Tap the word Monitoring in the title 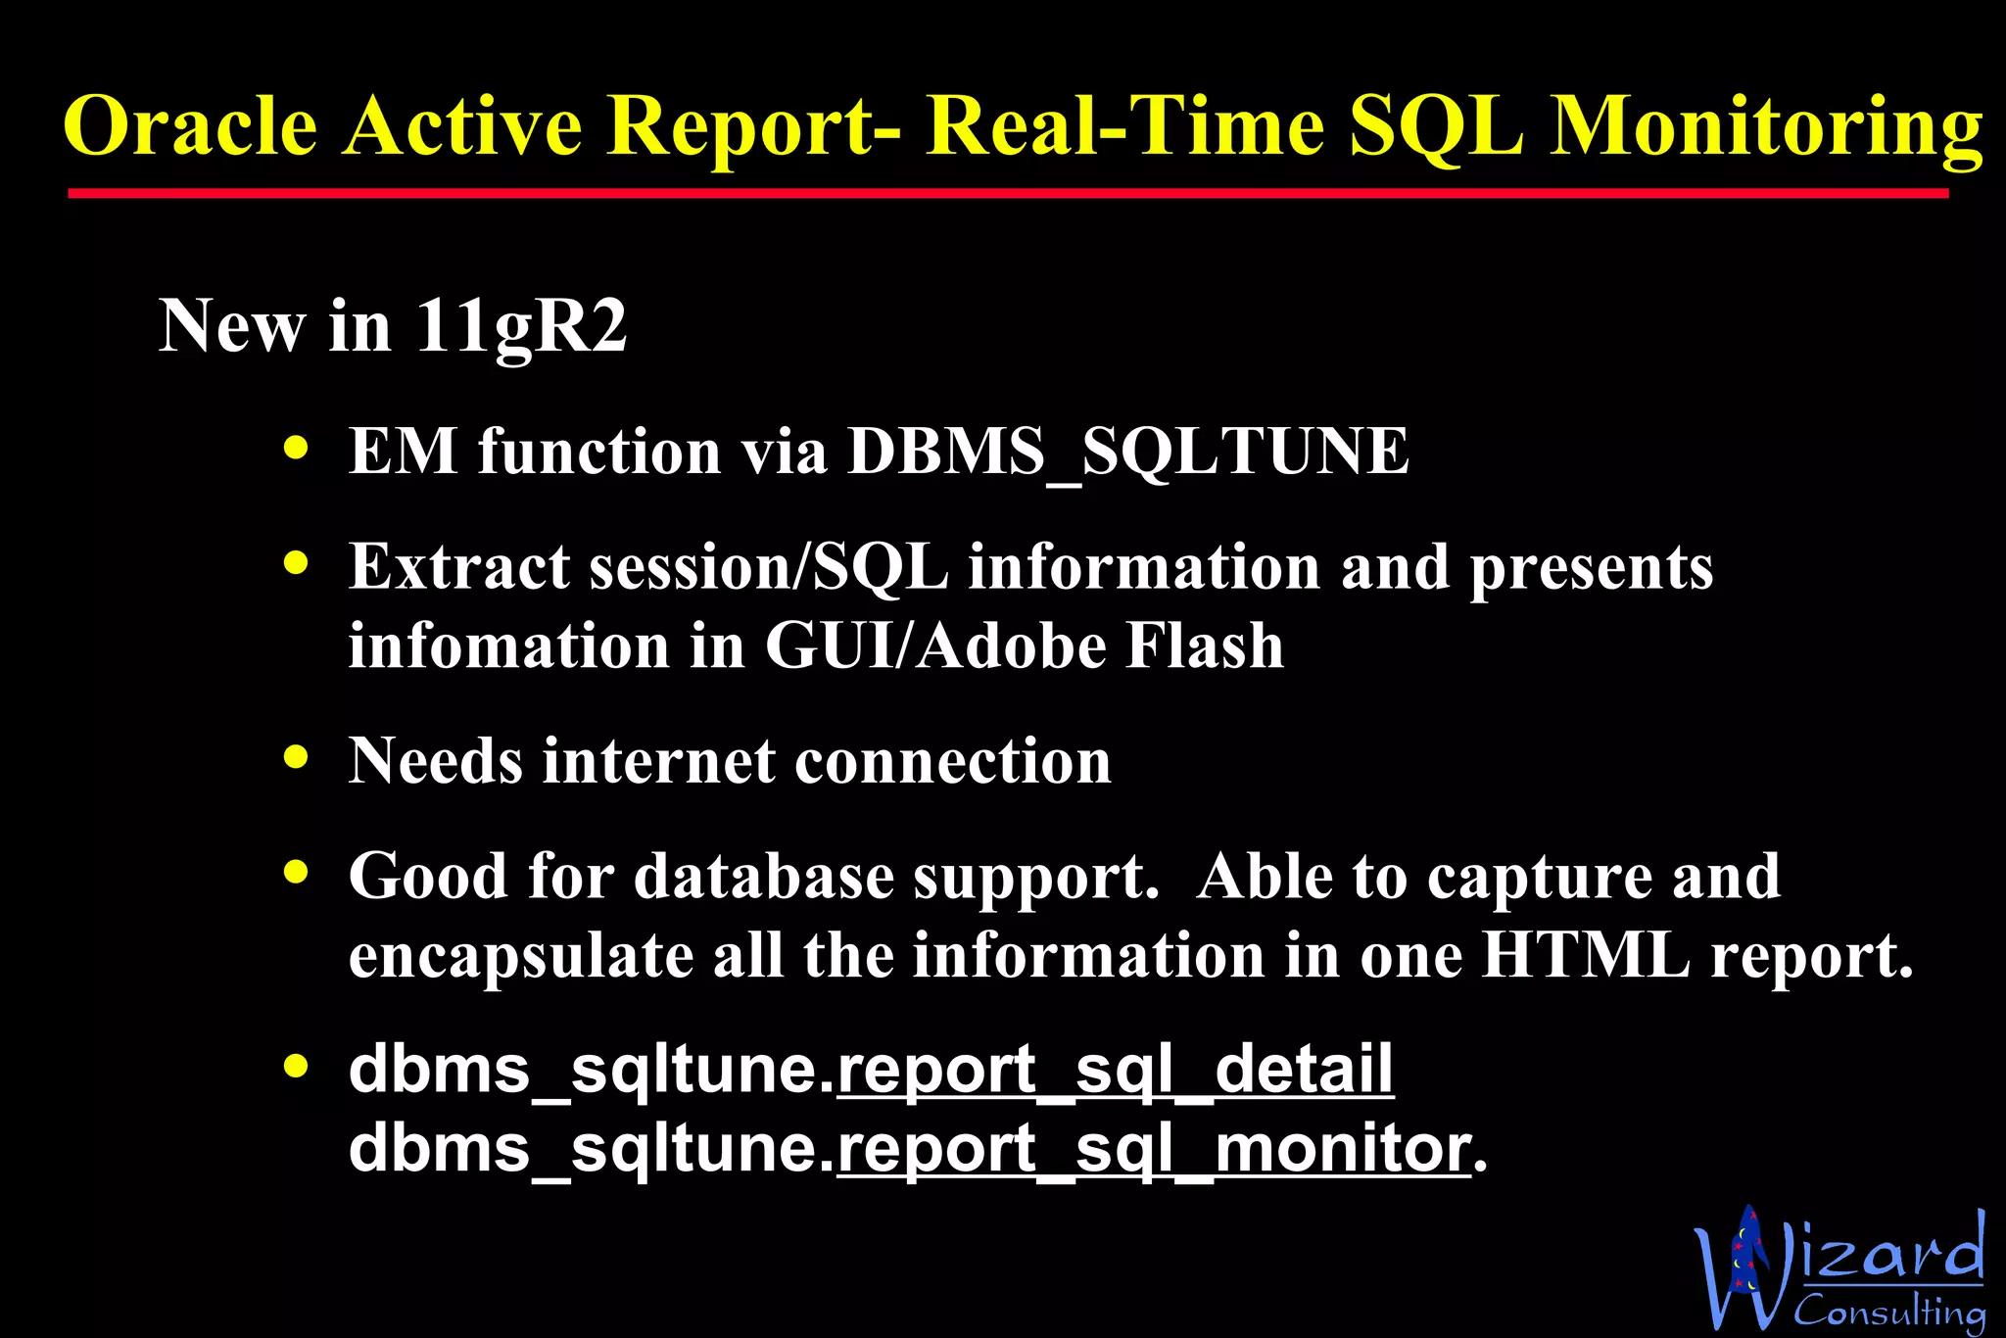point(1766,127)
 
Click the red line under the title point(1007,194)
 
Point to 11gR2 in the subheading point(521,326)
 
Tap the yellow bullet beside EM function point(296,448)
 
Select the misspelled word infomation point(508,646)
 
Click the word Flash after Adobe point(1204,646)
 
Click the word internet point(659,761)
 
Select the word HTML point(1585,955)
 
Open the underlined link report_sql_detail point(1115,1070)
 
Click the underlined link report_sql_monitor point(1154,1148)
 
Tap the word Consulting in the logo point(1888,1311)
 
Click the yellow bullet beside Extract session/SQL point(296,563)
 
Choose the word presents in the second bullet point(1591,568)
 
